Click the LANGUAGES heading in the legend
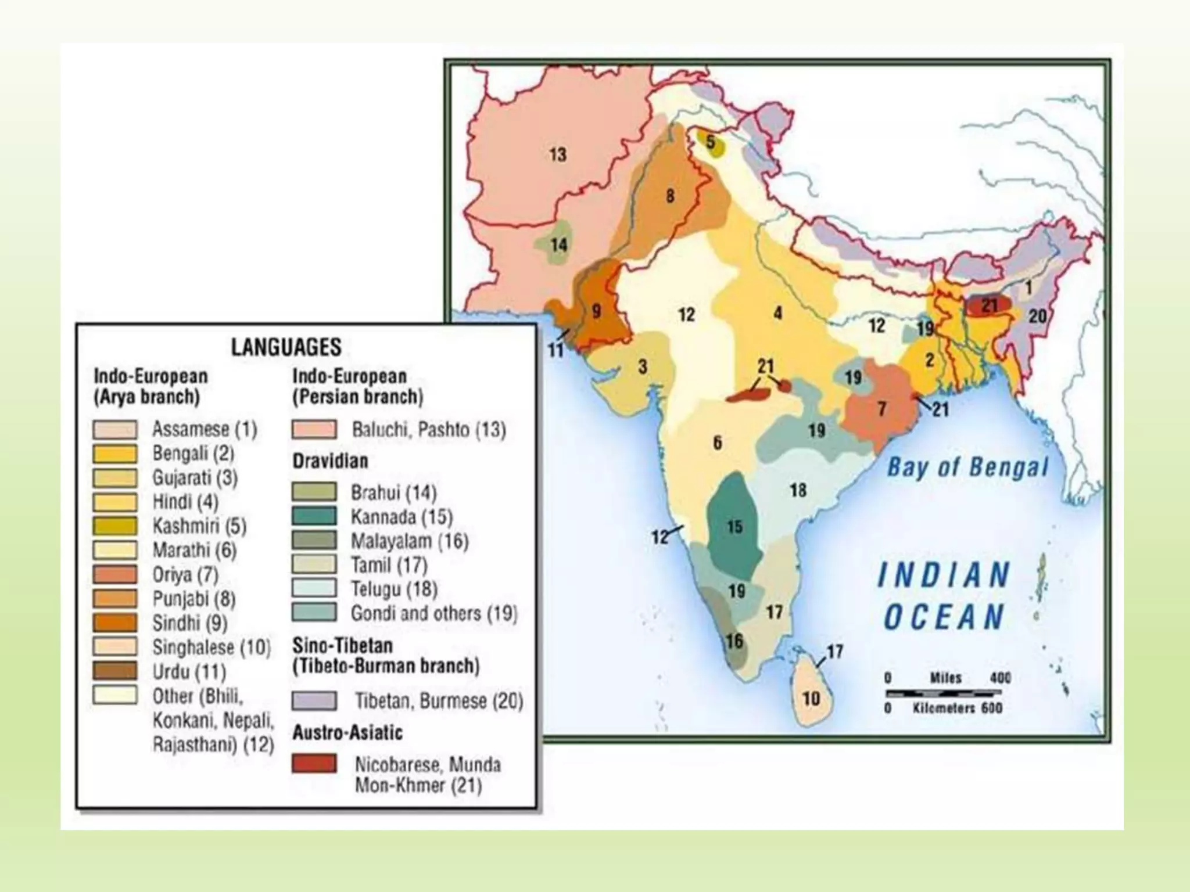(286, 347)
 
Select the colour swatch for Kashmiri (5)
(115, 526)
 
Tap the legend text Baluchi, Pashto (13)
(429, 430)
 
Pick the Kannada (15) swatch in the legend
(314, 516)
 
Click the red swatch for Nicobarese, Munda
(314, 764)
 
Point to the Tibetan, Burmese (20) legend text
(439, 701)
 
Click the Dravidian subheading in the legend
(330, 461)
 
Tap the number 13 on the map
(558, 154)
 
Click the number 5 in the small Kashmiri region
(710, 142)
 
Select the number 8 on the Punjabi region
(670, 196)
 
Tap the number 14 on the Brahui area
(558, 244)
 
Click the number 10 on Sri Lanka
(811, 698)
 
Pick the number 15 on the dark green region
(734, 527)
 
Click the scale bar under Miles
(944, 693)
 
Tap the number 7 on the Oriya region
(882, 409)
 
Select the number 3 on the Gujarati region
(643, 367)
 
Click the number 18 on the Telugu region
(798, 490)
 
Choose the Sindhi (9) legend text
(189, 623)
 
